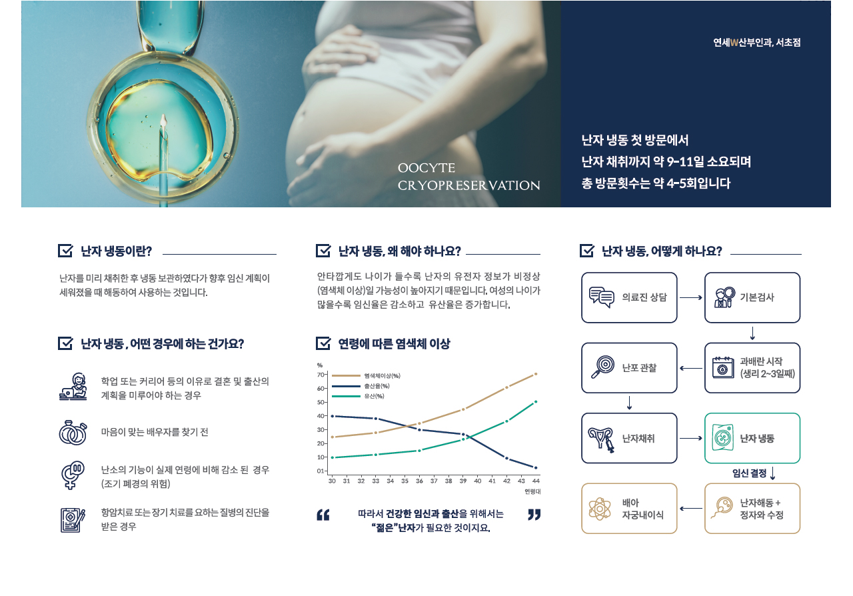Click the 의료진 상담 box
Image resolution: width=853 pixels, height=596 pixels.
pyautogui.click(x=629, y=297)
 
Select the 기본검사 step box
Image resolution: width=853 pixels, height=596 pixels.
pyautogui.click(x=752, y=297)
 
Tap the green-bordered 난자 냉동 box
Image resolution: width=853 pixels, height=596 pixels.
pyautogui.click(x=752, y=438)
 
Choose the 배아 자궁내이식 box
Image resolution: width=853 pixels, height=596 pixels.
pyautogui.click(x=629, y=509)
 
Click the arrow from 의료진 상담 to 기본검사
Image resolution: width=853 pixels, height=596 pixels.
pyautogui.click(x=691, y=297)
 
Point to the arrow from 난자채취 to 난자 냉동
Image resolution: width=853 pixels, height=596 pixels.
pyautogui.click(x=691, y=438)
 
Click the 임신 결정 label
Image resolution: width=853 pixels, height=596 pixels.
pyautogui.click(x=749, y=473)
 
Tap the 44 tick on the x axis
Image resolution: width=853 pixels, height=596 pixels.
pyautogui.click(x=536, y=481)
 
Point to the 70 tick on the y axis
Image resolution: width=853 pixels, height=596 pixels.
pyautogui.click(x=321, y=375)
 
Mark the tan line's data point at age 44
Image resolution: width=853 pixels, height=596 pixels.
pyautogui.click(x=536, y=374)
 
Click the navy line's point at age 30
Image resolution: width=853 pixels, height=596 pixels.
pyautogui.click(x=333, y=416)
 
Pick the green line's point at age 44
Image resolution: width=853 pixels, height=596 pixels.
pyautogui.click(x=536, y=401)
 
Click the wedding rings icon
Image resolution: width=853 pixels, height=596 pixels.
pyautogui.click(x=73, y=433)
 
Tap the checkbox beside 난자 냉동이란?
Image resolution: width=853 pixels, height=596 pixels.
pyautogui.click(x=65, y=251)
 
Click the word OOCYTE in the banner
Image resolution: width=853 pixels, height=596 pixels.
pyautogui.click(x=426, y=168)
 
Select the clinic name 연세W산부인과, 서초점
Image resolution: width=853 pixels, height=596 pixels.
pyautogui.click(x=756, y=42)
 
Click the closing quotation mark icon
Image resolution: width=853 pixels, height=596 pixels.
pyautogui.click(x=534, y=515)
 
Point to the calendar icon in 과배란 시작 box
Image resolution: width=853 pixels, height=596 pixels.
pyautogui.click(x=723, y=368)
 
